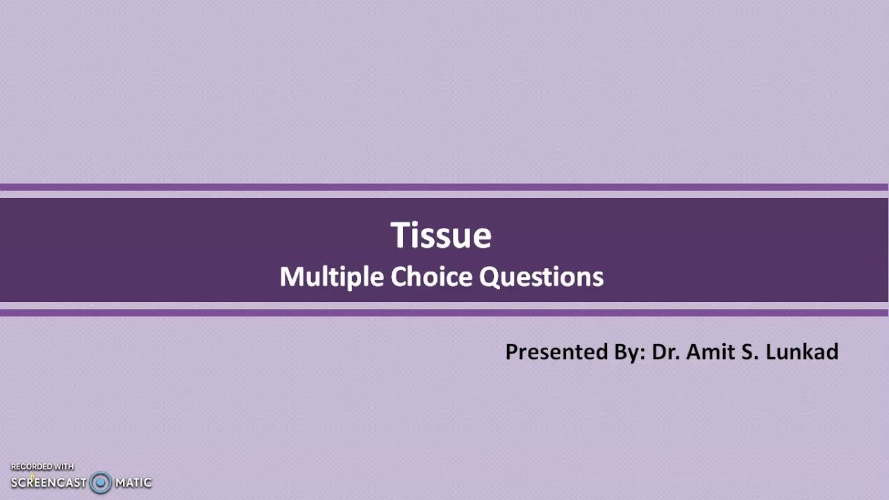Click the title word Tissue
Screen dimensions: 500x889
click(x=441, y=235)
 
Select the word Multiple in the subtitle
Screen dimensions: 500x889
click(x=332, y=277)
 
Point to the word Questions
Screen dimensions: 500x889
click(x=542, y=277)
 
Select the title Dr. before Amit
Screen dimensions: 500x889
click(x=666, y=352)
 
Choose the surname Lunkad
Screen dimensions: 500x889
click(x=802, y=352)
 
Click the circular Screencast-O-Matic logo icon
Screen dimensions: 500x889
click(x=101, y=482)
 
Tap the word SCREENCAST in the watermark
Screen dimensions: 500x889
click(x=49, y=482)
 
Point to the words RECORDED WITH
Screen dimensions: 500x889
click(x=42, y=467)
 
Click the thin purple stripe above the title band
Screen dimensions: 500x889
click(x=444, y=187)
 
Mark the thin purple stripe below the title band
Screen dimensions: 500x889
click(x=444, y=312)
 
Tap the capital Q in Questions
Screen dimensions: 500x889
click(x=489, y=277)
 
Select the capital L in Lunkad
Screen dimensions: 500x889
click(x=770, y=352)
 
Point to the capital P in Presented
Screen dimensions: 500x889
click(x=511, y=352)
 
